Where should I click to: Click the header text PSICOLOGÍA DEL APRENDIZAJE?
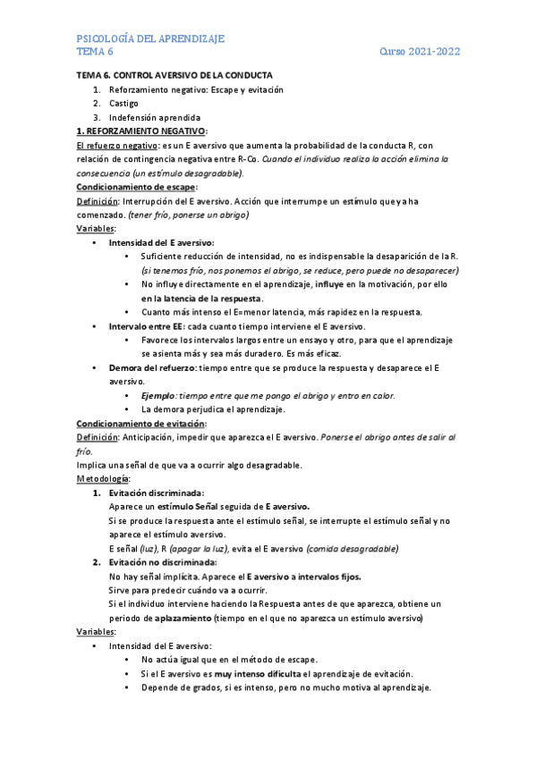click(x=150, y=38)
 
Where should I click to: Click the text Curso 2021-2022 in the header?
click(x=420, y=52)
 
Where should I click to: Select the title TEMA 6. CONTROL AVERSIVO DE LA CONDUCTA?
click(x=174, y=75)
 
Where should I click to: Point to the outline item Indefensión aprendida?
click(x=155, y=117)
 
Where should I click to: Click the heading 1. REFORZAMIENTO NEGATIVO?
click(x=141, y=131)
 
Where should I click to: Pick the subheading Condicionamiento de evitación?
click(x=141, y=423)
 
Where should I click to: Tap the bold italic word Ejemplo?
click(x=159, y=395)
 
